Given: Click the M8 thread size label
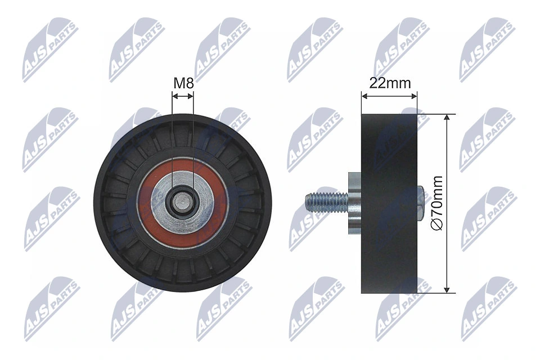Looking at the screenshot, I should pos(183,83).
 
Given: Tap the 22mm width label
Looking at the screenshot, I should pos(389,83).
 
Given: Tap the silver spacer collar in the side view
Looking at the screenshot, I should pos(354,202).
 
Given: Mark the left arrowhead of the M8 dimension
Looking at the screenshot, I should pos(174,96).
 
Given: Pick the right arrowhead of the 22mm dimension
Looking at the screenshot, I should pos(415,96).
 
